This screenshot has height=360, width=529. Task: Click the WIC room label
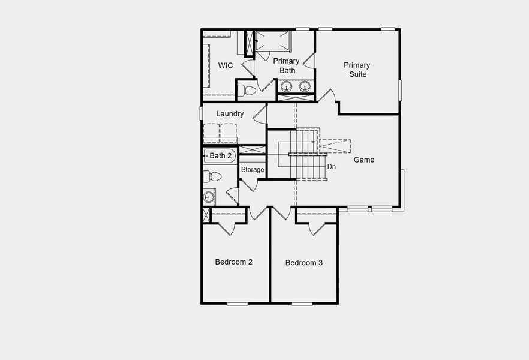pos(226,65)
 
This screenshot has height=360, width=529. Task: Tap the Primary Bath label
pos(286,65)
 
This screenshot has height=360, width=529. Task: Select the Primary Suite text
pos(357,70)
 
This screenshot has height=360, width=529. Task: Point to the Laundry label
pos(230,114)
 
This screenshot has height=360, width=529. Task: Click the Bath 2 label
pos(221,156)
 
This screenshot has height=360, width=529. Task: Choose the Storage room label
pos(253,170)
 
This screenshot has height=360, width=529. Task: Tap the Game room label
pos(364,160)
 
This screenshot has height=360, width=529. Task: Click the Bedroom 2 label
pos(234,262)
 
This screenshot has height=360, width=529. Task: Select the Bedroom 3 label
pos(304,263)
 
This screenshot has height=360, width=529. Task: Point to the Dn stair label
pos(332,167)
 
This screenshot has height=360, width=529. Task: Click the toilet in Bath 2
pos(212,176)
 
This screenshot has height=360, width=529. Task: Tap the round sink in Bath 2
pos(209,196)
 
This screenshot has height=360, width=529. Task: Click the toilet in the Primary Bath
pos(246,91)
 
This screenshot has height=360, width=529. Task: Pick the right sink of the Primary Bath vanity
pos(305,86)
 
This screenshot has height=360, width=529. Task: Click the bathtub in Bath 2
pos(220,156)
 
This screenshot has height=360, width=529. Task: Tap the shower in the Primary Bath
pos(273,40)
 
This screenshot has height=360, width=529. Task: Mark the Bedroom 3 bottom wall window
pos(302,304)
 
